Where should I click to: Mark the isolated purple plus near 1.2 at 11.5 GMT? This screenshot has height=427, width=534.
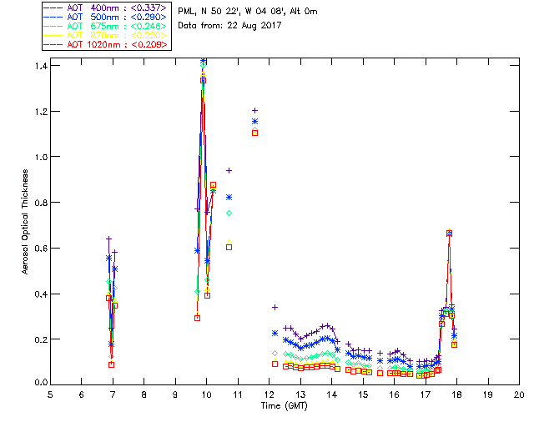(254, 110)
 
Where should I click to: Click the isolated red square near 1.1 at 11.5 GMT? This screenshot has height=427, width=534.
(254, 133)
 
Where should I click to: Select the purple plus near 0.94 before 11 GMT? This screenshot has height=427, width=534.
(229, 170)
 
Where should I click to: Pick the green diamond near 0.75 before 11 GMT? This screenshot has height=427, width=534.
(229, 213)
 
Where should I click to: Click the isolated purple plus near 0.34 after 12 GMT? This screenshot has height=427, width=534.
(275, 307)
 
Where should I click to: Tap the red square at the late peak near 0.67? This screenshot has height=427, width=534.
(449, 234)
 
